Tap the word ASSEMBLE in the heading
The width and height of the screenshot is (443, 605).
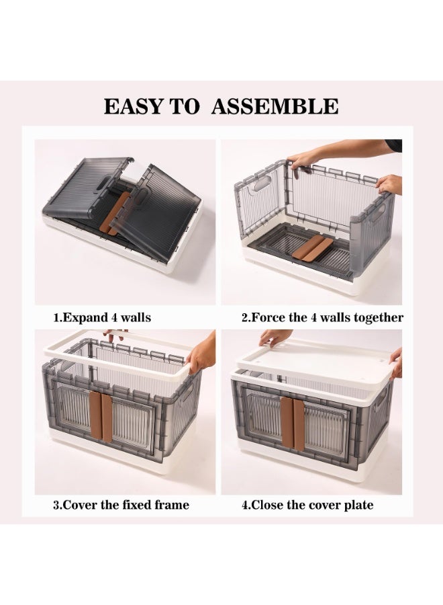click(x=275, y=106)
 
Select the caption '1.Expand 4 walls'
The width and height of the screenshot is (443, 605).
click(x=102, y=317)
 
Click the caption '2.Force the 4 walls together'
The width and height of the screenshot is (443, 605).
click(x=322, y=317)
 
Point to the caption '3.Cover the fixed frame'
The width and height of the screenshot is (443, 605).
click(x=121, y=505)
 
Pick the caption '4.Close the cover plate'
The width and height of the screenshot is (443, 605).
click(x=307, y=505)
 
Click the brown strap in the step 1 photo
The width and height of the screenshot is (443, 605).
click(x=115, y=213)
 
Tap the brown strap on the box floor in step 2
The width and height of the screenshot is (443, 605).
click(x=312, y=247)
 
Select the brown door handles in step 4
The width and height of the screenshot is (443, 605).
click(x=293, y=424)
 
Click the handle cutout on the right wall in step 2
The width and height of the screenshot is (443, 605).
click(x=379, y=212)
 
